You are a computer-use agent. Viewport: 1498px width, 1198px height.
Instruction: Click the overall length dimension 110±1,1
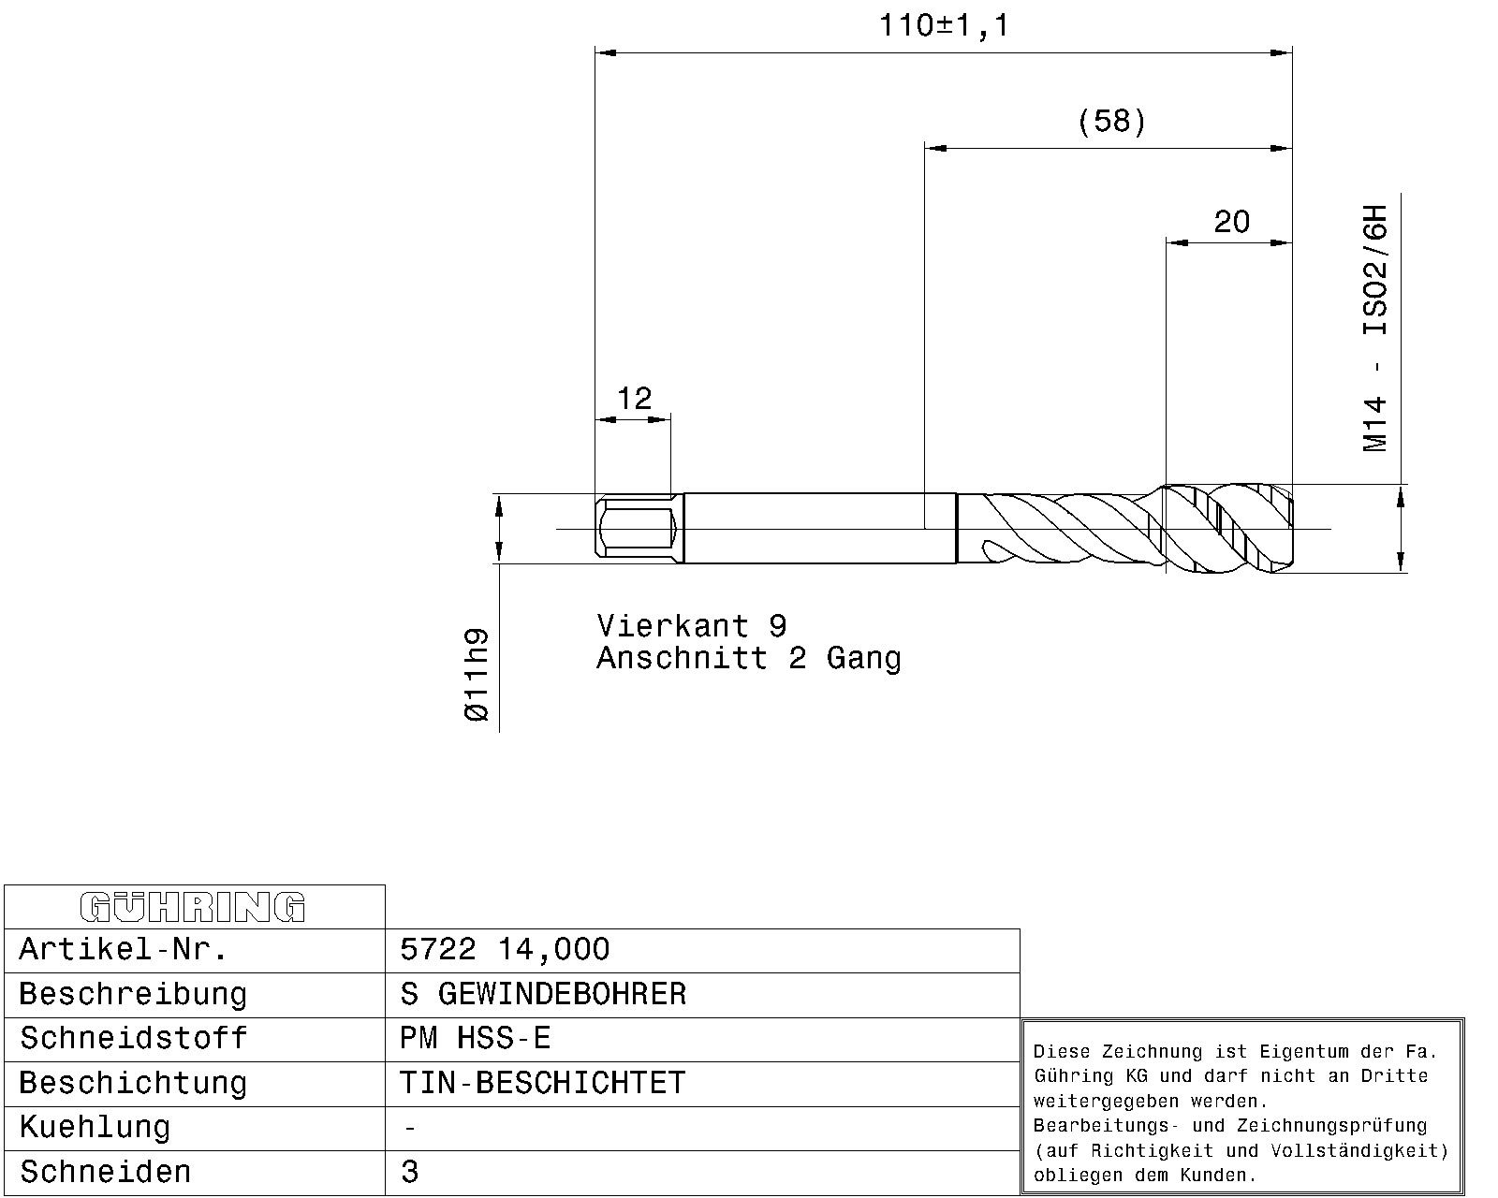[944, 26]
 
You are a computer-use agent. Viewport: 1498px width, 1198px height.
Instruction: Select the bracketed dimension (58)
[1111, 122]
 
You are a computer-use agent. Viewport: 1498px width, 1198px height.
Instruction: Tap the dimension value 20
[1231, 223]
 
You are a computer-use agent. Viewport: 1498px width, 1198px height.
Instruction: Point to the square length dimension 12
[634, 399]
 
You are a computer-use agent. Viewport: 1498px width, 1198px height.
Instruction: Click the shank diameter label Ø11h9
[477, 675]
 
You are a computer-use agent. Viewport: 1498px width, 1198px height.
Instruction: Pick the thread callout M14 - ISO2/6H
[1374, 329]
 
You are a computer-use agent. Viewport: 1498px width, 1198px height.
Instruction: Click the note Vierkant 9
[692, 626]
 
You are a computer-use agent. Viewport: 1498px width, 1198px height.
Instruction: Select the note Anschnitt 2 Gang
[749, 659]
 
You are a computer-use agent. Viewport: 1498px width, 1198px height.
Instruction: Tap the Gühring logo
[193, 907]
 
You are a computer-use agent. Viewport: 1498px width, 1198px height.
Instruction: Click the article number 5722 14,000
[505, 949]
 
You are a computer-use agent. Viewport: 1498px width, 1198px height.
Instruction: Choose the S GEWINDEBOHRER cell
[543, 994]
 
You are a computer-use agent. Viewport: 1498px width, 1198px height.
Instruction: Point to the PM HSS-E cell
[476, 1039]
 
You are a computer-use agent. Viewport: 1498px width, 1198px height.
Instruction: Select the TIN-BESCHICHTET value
[543, 1083]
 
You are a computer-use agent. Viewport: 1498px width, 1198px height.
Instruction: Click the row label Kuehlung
[95, 1128]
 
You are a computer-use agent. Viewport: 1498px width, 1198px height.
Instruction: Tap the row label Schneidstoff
[133, 1039]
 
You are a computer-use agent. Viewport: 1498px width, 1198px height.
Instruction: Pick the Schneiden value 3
[409, 1172]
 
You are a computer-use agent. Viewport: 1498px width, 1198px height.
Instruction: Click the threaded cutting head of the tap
[1228, 529]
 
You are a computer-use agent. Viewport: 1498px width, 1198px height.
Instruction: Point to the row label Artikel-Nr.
[124, 949]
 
